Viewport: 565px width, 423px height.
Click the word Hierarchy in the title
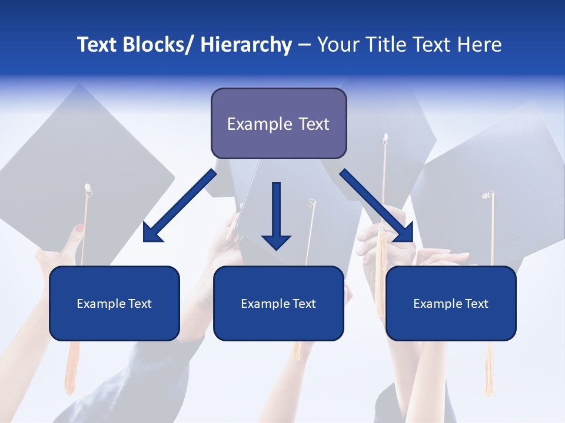click(246, 45)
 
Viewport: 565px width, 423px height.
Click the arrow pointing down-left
click(180, 206)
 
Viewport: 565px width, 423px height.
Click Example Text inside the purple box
click(278, 124)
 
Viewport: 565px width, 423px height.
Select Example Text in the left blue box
click(114, 304)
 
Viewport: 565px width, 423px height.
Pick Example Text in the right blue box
click(451, 304)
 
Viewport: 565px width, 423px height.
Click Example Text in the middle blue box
click(278, 304)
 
